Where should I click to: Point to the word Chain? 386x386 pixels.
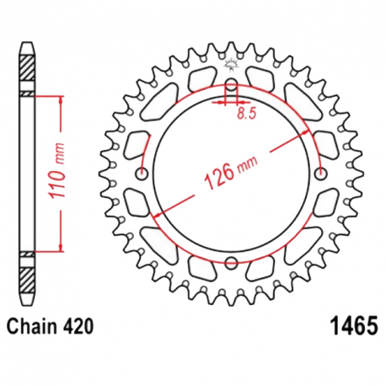pos(33,324)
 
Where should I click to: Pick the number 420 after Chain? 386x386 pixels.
pos(78,324)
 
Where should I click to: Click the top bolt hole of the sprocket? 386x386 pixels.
pos(230,88)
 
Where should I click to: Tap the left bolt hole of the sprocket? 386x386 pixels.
pos(141,174)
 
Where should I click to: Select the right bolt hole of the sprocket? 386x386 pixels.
pos(320,174)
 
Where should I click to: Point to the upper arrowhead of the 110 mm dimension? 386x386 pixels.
pos(61,100)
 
